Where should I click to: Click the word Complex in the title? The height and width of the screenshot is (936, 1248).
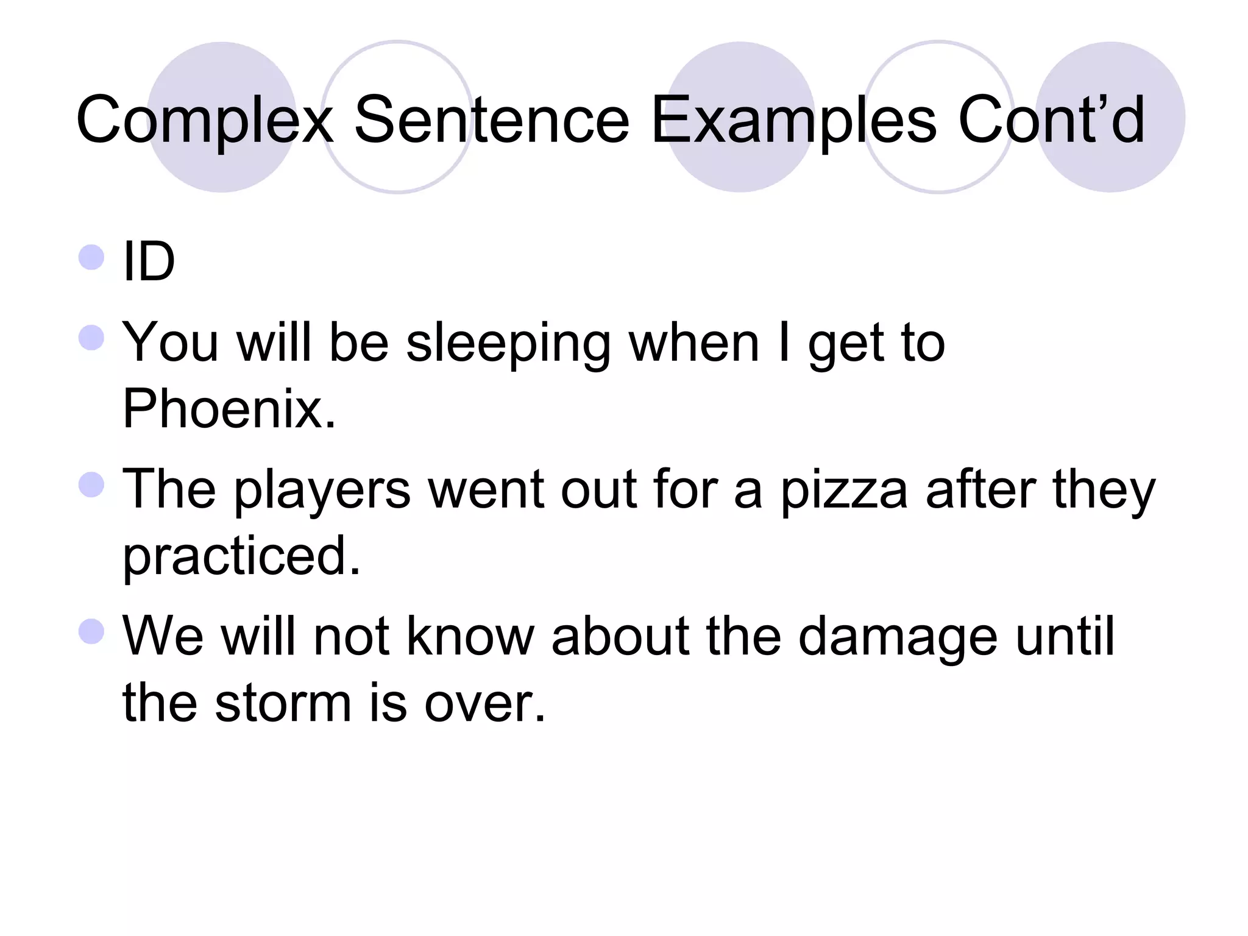(205, 120)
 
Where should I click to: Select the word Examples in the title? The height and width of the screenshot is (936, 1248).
(793, 120)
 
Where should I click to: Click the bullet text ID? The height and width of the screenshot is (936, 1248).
(149, 262)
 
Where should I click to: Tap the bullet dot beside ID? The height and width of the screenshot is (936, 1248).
(92, 257)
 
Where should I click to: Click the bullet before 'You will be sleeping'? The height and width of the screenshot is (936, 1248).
(92, 338)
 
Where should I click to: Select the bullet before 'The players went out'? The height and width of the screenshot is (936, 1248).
(92, 484)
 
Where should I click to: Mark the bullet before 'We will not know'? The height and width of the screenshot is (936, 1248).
(92, 631)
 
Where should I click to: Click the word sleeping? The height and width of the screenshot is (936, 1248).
(508, 344)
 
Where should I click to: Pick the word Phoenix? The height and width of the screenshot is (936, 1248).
(229, 409)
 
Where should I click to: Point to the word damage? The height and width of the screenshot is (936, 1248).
(898, 637)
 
